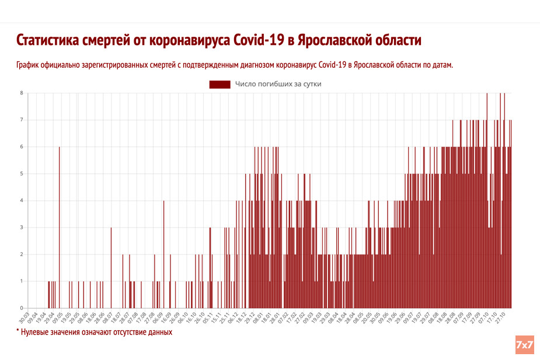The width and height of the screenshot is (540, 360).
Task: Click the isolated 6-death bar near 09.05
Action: (x=59, y=228)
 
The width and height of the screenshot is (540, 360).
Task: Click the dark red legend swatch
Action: (x=220, y=84)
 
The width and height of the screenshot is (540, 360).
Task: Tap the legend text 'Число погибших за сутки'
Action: (x=278, y=84)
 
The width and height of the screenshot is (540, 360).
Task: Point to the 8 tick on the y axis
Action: (x=22, y=93)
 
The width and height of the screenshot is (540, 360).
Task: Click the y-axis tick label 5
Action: (x=22, y=174)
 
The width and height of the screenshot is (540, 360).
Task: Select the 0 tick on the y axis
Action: (x=22, y=308)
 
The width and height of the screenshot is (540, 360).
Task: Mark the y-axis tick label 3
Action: (x=22, y=228)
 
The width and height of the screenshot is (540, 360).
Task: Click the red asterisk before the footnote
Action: (x=18, y=331)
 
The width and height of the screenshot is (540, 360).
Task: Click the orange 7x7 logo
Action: (x=524, y=345)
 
